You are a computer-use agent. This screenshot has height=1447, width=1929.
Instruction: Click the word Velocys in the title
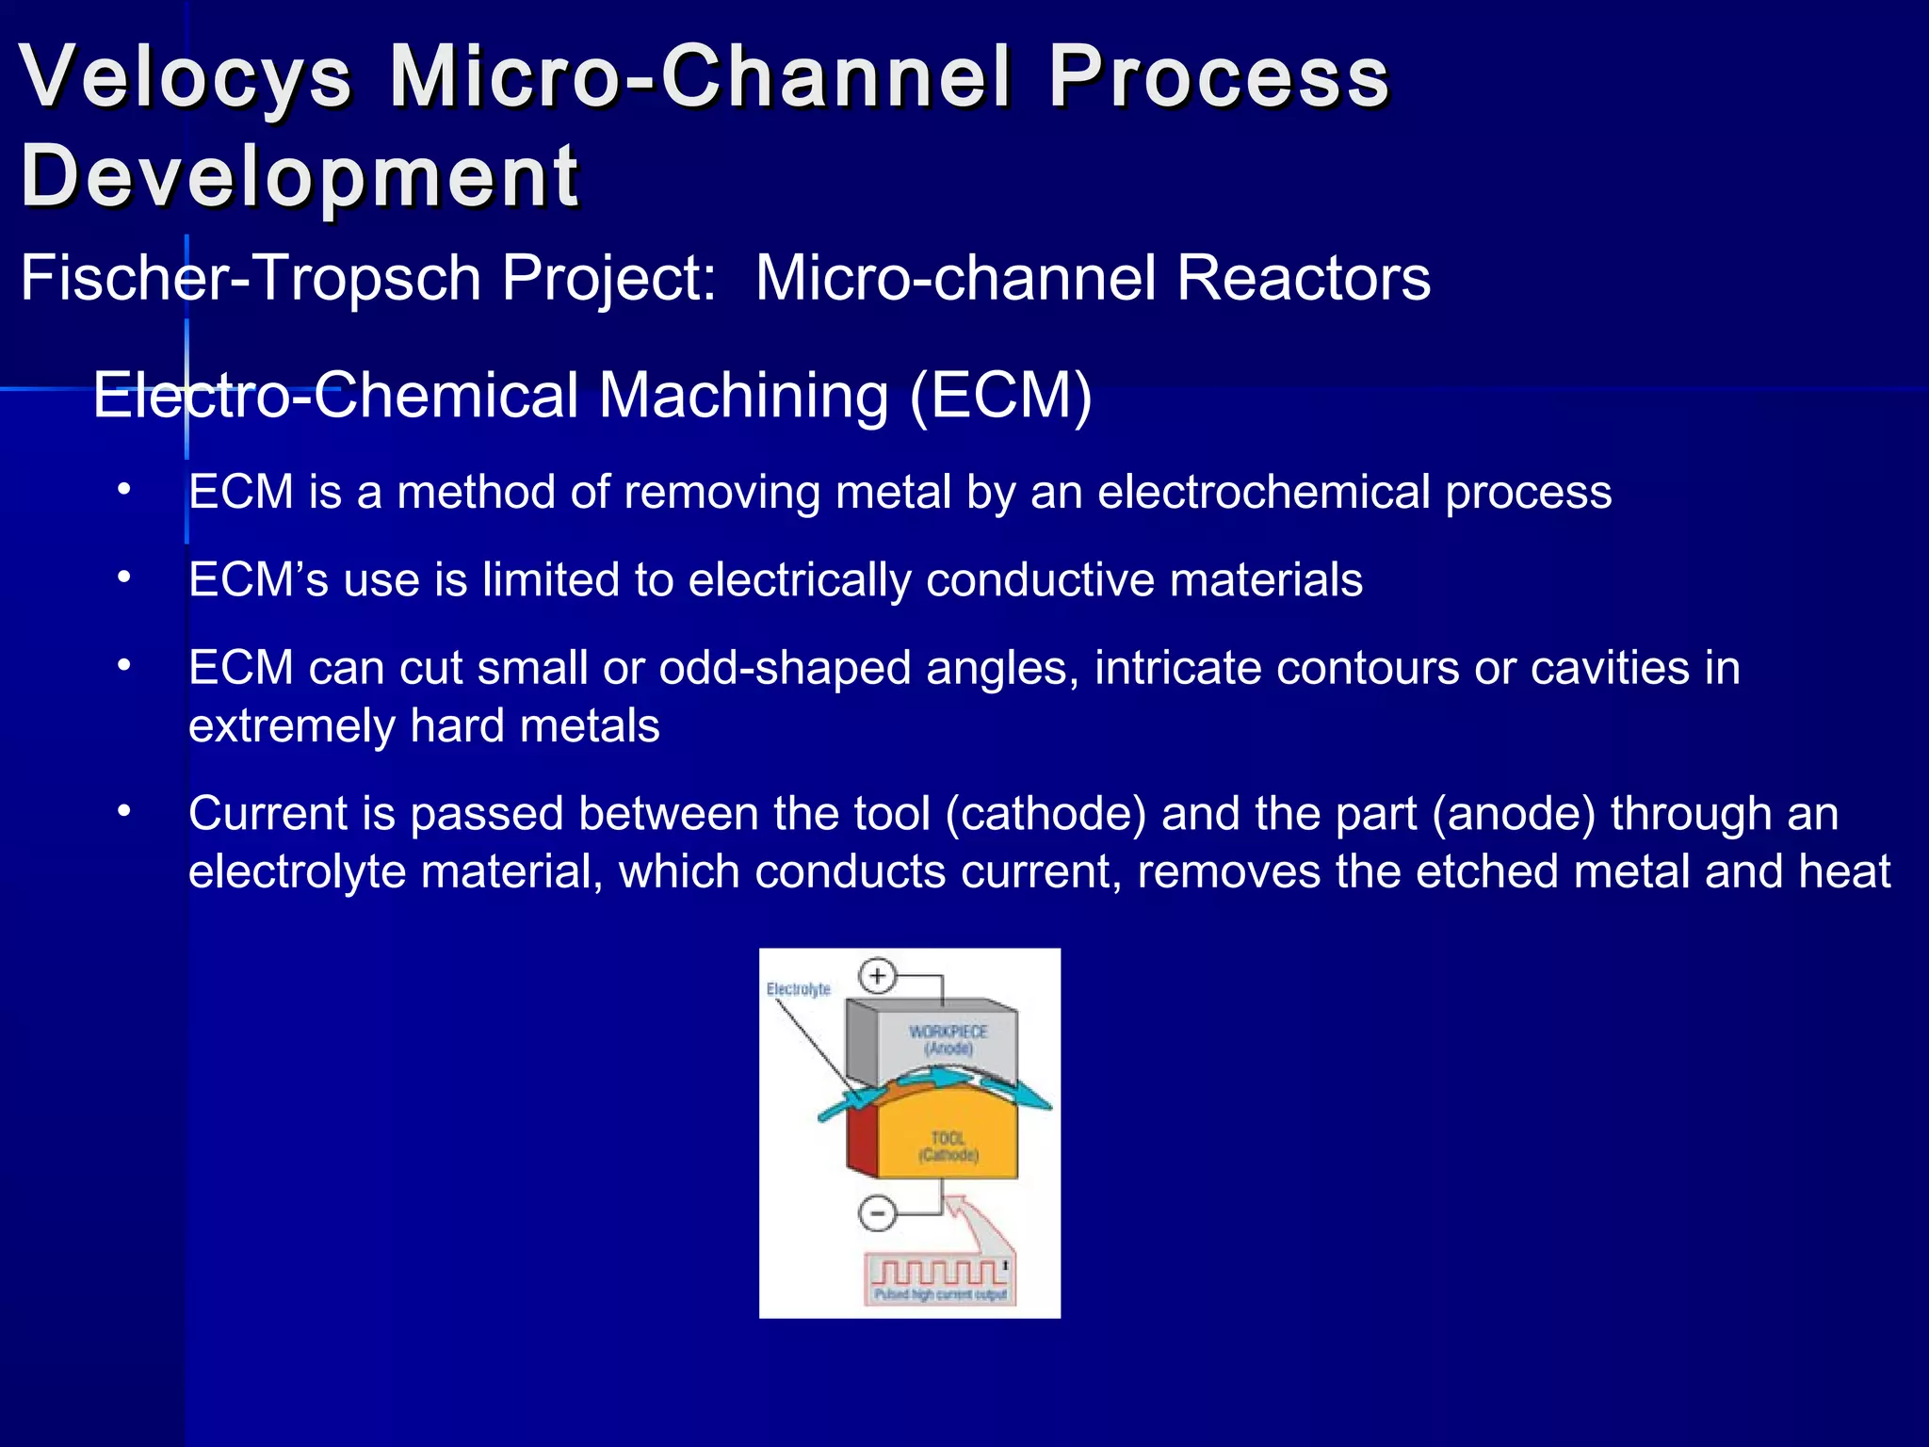coord(186,77)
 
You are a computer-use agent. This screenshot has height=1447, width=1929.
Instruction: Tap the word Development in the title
coord(300,176)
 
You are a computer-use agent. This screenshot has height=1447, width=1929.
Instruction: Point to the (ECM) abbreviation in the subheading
coord(1000,395)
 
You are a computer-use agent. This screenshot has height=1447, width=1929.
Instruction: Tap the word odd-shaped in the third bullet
coord(785,668)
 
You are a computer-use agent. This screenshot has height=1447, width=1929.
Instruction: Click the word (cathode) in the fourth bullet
coord(1046,814)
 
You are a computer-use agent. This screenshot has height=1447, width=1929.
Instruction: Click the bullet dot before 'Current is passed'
coord(124,812)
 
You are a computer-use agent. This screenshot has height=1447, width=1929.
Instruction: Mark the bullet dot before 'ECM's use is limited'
coord(124,577)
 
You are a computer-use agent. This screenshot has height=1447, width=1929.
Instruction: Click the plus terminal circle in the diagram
coord(877,976)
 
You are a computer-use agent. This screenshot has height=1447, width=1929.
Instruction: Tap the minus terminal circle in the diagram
coord(877,1212)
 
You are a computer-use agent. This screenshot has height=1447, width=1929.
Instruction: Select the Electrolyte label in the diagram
coord(798,989)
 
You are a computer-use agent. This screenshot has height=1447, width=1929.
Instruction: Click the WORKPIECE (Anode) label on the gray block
coord(948,1040)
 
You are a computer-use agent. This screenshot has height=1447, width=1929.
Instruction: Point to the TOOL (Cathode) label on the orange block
coord(948,1146)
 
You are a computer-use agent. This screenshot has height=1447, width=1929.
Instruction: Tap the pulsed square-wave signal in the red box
coord(937,1273)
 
